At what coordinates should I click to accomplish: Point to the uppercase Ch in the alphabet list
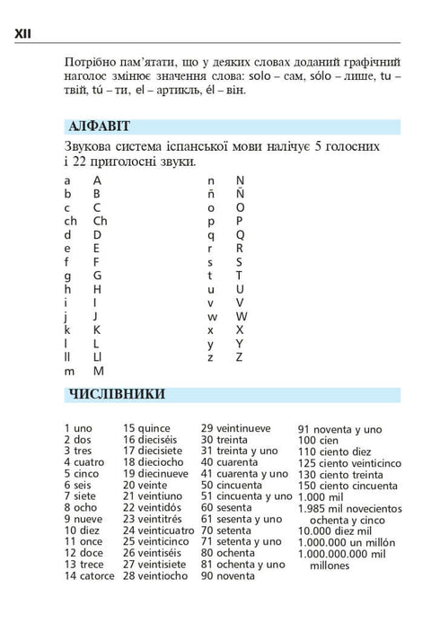[100, 221]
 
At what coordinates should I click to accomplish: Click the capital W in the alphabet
[240, 316]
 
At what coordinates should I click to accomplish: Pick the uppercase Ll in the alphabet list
[98, 357]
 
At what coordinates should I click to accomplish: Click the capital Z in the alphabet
[239, 357]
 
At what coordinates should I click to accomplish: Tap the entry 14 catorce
[89, 575]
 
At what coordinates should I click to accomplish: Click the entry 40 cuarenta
[229, 462]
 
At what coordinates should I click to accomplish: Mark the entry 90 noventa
[228, 575]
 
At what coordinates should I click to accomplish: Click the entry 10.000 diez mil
[339, 530]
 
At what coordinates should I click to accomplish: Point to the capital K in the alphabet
[97, 329]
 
